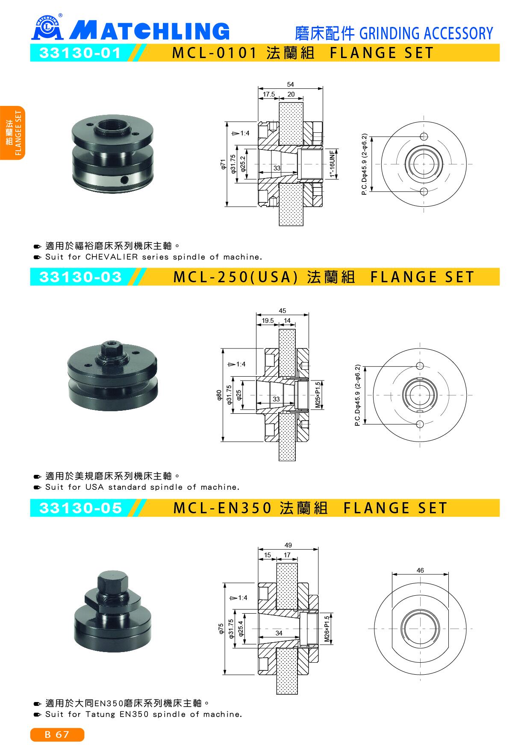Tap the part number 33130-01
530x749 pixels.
point(80,53)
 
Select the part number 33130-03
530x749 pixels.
point(80,277)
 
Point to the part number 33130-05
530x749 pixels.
point(80,508)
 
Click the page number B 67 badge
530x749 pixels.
point(57,734)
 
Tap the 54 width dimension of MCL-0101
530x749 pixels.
point(291,85)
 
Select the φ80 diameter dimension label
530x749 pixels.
point(219,395)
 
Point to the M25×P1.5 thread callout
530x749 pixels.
point(318,395)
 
